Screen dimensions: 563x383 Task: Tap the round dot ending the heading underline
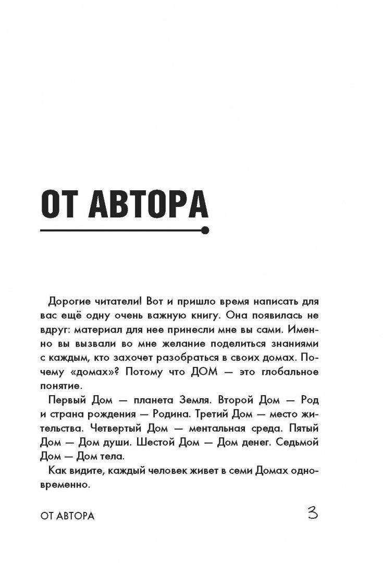(205, 230)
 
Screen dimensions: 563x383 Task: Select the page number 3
(313, 514)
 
